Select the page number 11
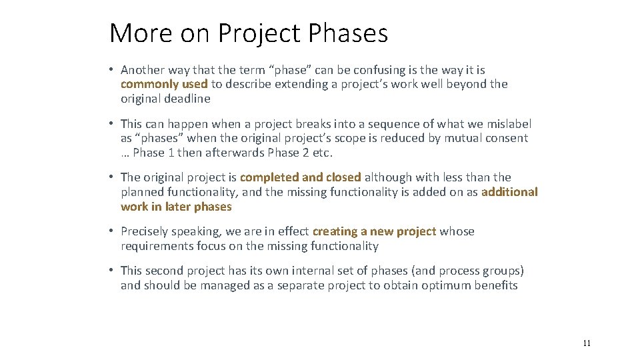point(587,343)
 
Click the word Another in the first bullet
point(142,69)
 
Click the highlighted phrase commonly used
point(164,84)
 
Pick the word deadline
point(187,99)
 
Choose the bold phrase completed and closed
point(300,177)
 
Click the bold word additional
point(509,192)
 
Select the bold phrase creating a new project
point(374,231)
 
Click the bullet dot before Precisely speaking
point(113,231)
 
